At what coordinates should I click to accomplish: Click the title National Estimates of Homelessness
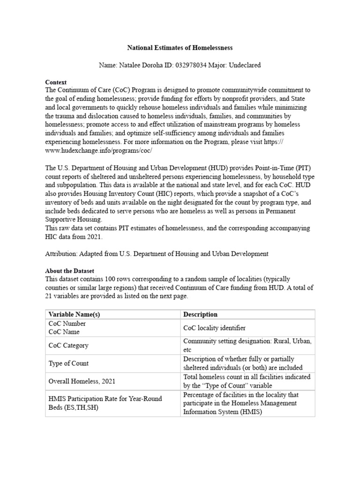(180, 48)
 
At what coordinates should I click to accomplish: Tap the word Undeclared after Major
(245, 65)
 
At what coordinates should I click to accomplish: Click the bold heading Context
(56, 82)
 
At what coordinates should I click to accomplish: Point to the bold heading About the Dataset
(69, 271)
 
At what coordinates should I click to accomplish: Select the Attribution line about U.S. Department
(157, 254)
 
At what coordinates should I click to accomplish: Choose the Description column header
(200, 314)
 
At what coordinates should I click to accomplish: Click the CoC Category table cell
(68, 345)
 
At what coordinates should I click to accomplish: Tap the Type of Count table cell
(68, 363)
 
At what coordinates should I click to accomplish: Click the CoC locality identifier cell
(215, 328)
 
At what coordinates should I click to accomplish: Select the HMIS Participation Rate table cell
(105, 403)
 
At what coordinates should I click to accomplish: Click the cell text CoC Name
(64, 332)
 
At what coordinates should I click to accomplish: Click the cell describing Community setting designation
(247, 345)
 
